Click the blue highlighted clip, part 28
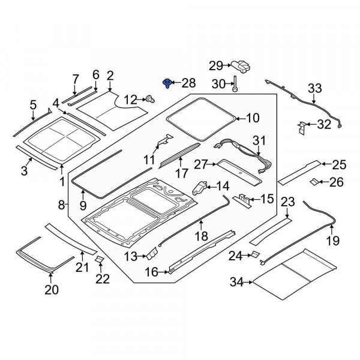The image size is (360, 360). (x=167, y=83)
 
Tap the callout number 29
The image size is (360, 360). (x=215, y=65)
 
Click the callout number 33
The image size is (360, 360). (x=315, y=89)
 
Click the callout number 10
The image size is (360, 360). (x=253, y=118)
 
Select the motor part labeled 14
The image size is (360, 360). (x=200, y=188)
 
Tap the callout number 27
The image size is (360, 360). (x=200, y=163)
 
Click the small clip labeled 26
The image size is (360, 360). (x=314, y=182)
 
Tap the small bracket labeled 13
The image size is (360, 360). (x=151, y=254)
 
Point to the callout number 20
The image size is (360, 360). (x=51, y=290)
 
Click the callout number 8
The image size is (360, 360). (x=61, y=205)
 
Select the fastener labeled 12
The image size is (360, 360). (x=148, y=98)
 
